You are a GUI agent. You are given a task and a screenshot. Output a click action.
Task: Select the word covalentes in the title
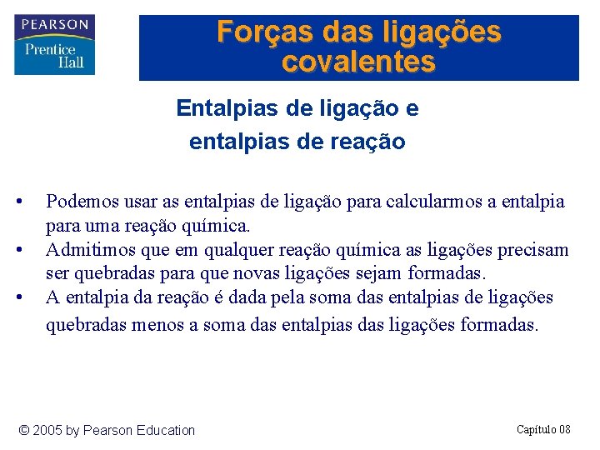(358, 62)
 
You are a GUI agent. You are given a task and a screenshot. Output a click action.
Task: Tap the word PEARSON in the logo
(55, 24)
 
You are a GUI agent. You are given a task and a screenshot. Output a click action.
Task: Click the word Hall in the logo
(70, 62)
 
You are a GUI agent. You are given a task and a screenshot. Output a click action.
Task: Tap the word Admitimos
(87, 250)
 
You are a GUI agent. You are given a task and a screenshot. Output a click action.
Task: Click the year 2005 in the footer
(47, 431)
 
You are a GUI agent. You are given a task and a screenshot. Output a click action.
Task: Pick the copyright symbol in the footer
(23, 431)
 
